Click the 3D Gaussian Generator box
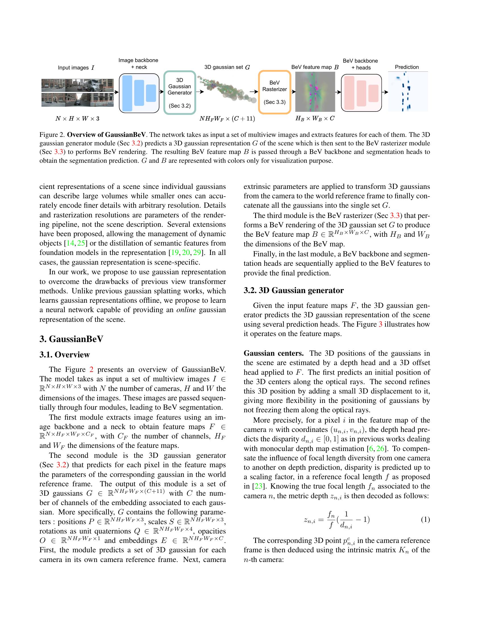(179, 92)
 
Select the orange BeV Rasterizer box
(274, 92)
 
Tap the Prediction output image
(408, 91)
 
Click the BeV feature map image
(315, 91)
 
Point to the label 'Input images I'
(76, 68)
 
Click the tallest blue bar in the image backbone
(127, 93)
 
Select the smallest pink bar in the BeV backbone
(373, 93)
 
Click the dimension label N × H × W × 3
(77, 118)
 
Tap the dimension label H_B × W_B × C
(315, 118)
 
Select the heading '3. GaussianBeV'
(71, 339)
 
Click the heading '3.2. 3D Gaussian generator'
(293, 290)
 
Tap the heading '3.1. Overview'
(65, 355)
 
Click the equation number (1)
(425, 519)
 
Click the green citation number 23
(258, 486)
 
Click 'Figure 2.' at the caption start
(52, 134)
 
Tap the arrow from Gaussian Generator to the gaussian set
(200, 92)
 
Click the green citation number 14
(70, 243)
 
